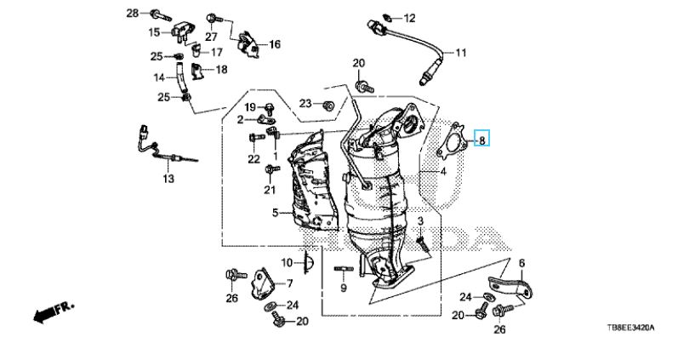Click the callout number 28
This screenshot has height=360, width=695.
(132, 13)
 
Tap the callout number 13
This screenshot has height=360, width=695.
(168, 180)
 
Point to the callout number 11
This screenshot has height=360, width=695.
(461, 53)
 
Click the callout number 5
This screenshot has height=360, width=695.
(276, 213)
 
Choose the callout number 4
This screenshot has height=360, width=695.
(442, 171)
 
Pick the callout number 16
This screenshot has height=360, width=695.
(274, 44)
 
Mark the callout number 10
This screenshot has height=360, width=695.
(287, 261)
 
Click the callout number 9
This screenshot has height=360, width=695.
(344, 289)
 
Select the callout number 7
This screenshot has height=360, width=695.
(289, 283)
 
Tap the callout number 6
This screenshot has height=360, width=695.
(521, 264)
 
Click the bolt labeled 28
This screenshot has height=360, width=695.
(159, 14)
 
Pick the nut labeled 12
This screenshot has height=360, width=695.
(387, 17)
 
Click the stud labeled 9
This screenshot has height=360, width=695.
(344, 271)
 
